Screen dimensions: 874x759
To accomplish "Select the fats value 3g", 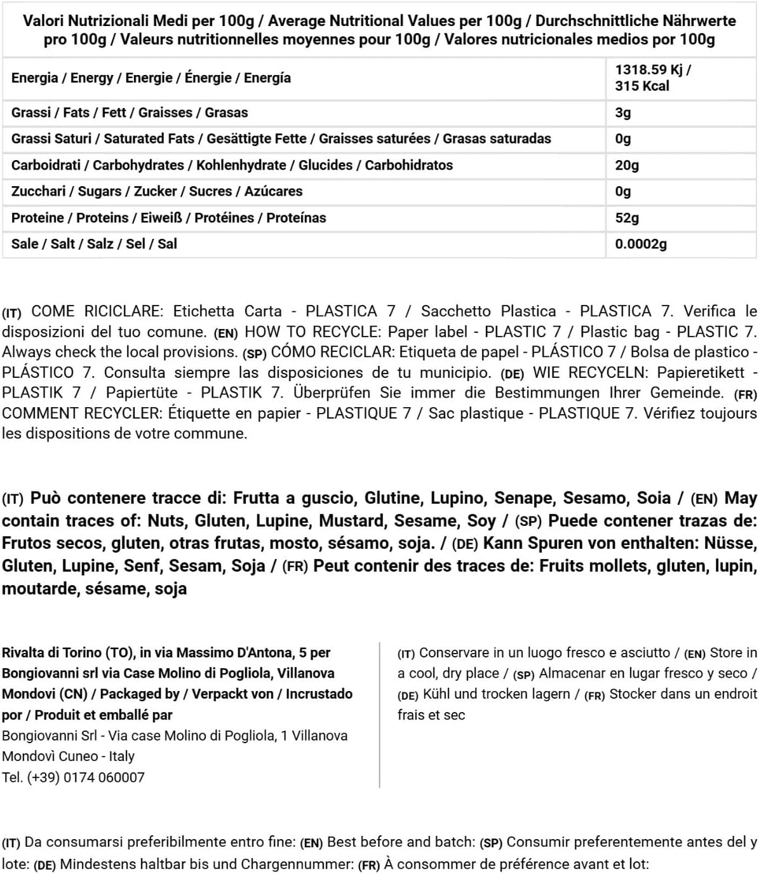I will coord(623,112).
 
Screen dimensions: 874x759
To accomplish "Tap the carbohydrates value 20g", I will coord(627,165).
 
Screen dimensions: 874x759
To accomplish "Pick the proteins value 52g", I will coord(627,218).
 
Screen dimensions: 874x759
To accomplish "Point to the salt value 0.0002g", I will coord(641,244).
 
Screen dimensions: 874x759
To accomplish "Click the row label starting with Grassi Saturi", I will coord(281,138).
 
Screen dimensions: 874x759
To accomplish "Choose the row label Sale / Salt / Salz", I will coord(94,244).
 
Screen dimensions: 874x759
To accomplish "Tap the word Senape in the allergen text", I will coord(524,498).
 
